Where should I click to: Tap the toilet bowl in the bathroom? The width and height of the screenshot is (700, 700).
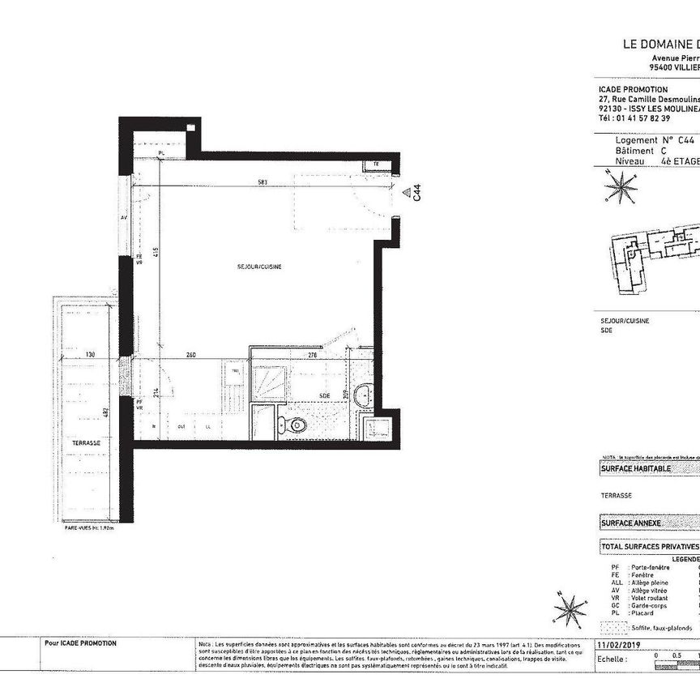[296, 424]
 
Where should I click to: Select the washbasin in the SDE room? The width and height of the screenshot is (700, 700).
[365, 396]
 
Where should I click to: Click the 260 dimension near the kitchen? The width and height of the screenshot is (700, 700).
[190, 354]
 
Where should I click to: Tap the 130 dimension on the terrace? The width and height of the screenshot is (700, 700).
[89, 354]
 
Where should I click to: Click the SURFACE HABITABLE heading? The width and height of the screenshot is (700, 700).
[636, 468]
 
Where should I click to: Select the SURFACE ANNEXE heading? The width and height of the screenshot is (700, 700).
[631, 523]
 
